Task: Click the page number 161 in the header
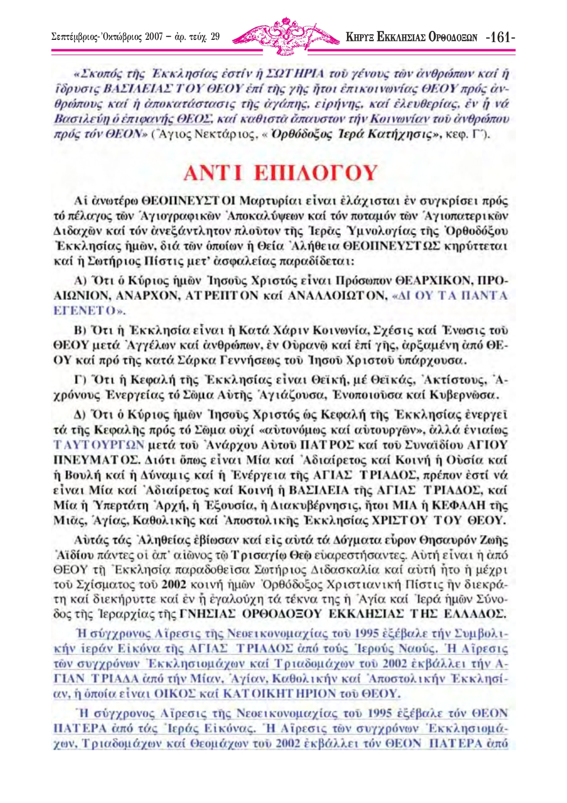point(501,38)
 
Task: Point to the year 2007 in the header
point(153,38)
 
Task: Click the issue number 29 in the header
point(215,38)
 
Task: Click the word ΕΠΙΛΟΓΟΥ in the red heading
point(315,172)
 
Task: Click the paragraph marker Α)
point(80,281)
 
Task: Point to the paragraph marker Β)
point(80,331)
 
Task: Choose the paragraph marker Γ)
point(79,380)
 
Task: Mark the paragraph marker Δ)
point(80,415)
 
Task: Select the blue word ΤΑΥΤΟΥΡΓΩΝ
point(99,445)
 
